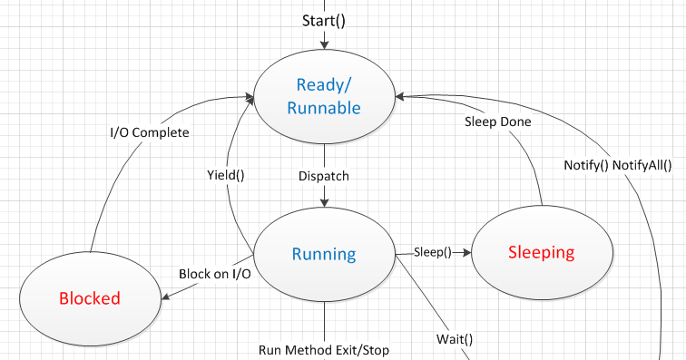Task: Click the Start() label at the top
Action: [324, 20]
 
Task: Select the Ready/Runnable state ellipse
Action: [324, 96]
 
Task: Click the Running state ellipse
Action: [324, 253]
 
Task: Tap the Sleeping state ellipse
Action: [542, 252]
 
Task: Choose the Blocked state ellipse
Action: [90, 298]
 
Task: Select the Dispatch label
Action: [324, 176]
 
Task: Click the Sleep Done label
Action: [498, 121]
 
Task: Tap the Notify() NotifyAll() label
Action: [618, 165]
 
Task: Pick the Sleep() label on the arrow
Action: [433, 251]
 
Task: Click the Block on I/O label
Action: [215, 273]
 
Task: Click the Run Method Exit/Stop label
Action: [324, 349]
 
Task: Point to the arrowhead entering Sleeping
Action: [467, 252]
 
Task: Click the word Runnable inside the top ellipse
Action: [324, 109]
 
